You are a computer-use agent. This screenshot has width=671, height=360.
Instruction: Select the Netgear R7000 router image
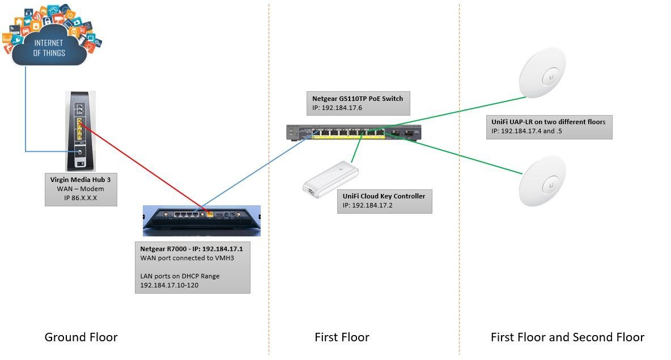point(201,221)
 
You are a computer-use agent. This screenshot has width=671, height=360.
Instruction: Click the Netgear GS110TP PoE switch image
point(354,133)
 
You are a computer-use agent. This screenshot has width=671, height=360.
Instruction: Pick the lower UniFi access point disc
point(547,181)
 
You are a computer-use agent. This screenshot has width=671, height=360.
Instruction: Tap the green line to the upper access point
point(453,111)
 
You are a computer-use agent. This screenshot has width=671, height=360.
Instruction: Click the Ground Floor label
point(81,337)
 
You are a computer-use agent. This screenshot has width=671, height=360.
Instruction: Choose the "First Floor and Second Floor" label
point(567,337)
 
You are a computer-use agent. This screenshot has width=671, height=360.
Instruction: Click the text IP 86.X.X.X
point(80,197)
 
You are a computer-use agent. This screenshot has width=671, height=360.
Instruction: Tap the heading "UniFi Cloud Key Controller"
point(384,196)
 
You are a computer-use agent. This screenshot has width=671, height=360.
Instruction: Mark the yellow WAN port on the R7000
point(210,215)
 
